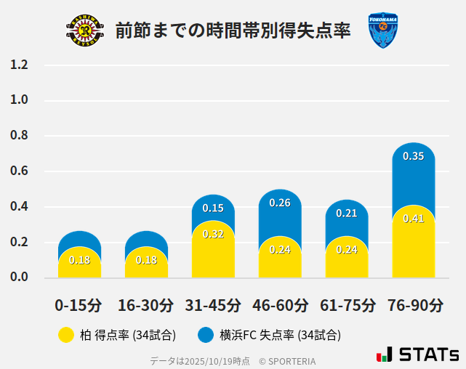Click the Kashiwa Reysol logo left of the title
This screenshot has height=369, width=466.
pos(85,31)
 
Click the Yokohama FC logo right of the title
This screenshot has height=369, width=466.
pos(382,31)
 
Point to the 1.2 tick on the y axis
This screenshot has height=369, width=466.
pos(20,65)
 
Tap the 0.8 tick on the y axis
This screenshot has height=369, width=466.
pos(20,136)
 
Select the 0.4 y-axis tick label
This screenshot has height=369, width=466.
pos(20,207)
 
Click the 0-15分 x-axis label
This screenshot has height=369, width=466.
pos(79,305)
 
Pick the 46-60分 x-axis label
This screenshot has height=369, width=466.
pos(280,305)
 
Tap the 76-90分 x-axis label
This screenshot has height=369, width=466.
pos(414,305)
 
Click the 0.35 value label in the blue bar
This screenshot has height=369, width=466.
pos(414,156)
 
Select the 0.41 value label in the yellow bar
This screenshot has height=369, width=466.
pos(414,219)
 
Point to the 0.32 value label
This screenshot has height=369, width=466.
pos(213,234)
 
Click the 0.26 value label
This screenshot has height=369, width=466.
pos(280,203)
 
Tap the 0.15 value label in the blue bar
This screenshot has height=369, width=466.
pos(213,208)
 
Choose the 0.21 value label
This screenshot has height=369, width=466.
pos(347,213)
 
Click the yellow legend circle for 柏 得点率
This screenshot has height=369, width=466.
pos(65,335)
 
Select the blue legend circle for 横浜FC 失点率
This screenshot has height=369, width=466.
pos(206,335)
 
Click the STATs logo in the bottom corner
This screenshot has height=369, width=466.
pos(418,354)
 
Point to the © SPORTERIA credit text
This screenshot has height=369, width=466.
pos(287,360)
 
